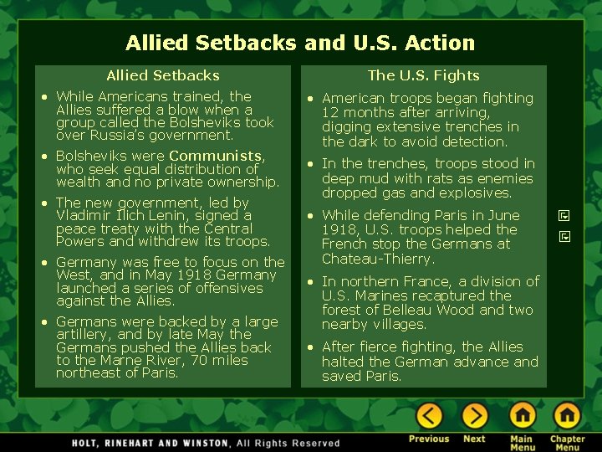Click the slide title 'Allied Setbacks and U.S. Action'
pos(300,43)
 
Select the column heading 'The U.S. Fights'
pos(423,76)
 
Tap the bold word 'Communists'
pos(216,156)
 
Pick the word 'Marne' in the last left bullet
pos(117,360)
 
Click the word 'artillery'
pos(84,334)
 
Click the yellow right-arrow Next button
pos(474,415)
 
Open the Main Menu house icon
pos(522,415)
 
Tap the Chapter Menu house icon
pos(567,415)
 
